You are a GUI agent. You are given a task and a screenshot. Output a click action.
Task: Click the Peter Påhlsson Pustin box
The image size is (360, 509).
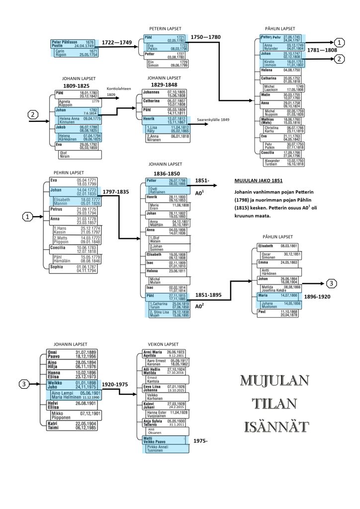pyautogui.click(x=73, y=44)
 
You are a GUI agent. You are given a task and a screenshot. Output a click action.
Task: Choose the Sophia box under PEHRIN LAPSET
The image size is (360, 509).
pyautogui.click(x=72, y=269)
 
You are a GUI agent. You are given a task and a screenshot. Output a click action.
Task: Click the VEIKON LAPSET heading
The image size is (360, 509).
pyautogui.click(x=161, y=343)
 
